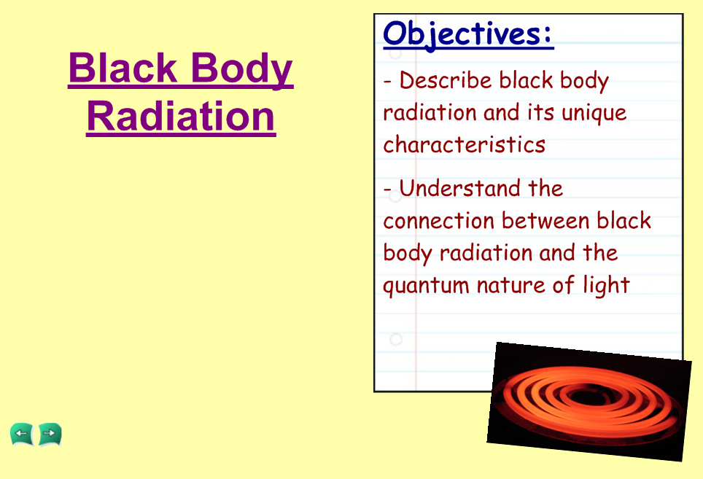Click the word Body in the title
point(242,69)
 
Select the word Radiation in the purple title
point(181,116)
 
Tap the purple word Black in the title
point(123,67)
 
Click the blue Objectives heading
point(468,35)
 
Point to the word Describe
point(446,80)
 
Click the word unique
point(594,114)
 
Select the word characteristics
point(464,144)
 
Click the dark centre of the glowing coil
point(581,396)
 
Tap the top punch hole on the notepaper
point(395,53)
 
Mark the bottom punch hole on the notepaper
point(395,339)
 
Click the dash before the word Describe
point(387,82)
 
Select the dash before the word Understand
point(387,190)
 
